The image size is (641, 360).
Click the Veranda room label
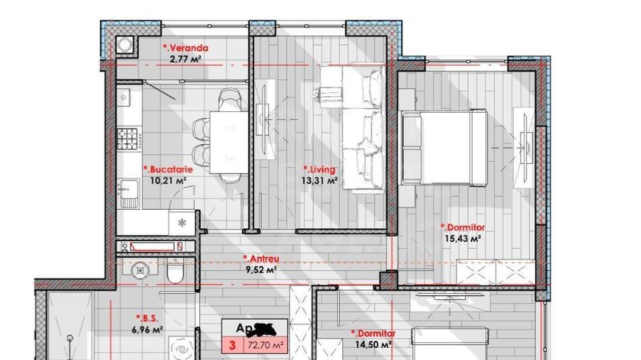click(186, 49)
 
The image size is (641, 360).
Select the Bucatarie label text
click(167, 168)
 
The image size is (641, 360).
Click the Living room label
click(320, 168)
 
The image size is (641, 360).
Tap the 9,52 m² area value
click(260, 270)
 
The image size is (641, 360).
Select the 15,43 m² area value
click(461, 238)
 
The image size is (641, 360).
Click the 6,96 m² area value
click(146, 330)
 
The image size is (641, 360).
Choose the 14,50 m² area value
click(373, 345)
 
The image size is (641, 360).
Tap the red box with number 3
click(232, 346)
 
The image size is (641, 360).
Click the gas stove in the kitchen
click(128, 141)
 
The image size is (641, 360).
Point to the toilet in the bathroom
click(175, 273)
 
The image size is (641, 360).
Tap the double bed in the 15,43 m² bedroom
click(444, 148)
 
